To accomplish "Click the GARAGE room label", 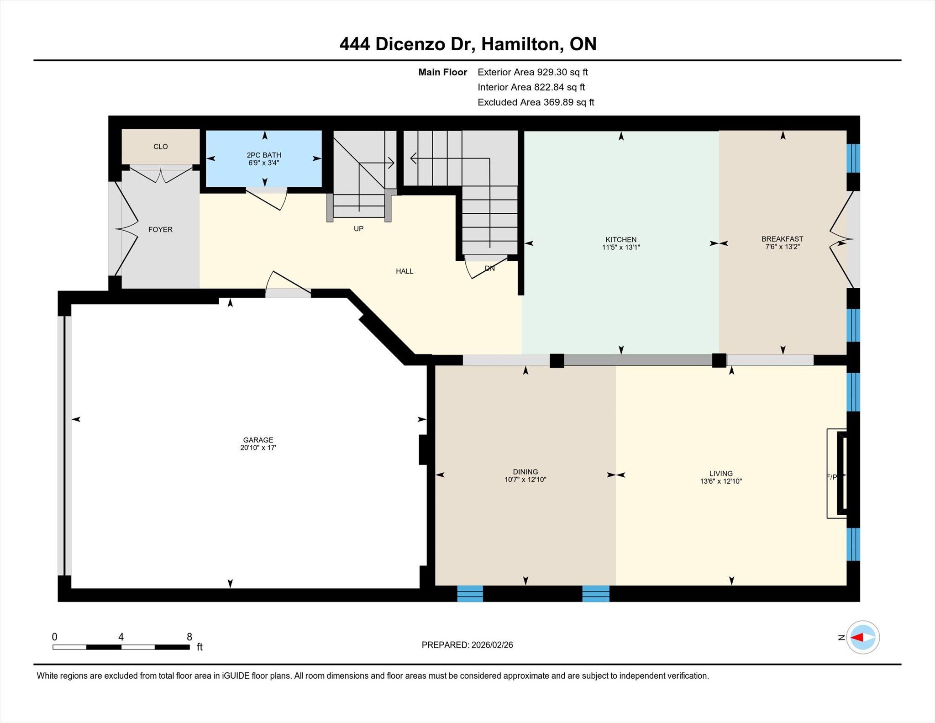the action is pos(258,440).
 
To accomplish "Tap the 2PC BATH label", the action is pos(264,155).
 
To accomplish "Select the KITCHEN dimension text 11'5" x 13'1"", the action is pos(621,248).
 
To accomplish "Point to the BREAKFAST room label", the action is pos(782,239).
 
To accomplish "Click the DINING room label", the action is pos(525,472).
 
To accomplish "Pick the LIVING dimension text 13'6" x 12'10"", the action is pos(721,481).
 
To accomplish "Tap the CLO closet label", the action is pos(161,147).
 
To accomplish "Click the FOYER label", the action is pos(160,229).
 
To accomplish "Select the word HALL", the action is pos(404,271).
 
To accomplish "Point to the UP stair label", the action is pos(359,228).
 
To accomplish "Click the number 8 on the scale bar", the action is pos(189,637).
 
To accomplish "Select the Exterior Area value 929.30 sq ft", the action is pos(562,72).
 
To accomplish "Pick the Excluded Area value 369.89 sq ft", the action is pos(569,102).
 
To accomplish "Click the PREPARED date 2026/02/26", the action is pos(492,645).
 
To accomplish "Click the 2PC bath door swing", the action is pos(267,199).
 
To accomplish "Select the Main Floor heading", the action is pos(443,72).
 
